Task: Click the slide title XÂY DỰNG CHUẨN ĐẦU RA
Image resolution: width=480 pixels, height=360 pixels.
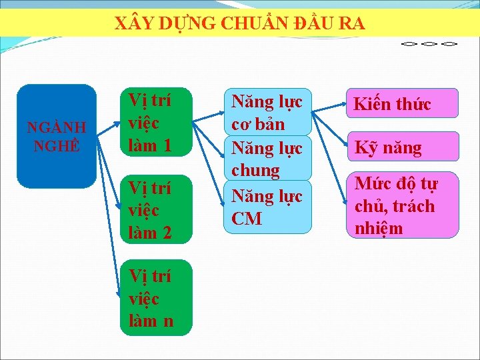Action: [x=240, y=24]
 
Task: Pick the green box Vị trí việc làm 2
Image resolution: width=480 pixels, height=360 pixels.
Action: [x=158, y=210]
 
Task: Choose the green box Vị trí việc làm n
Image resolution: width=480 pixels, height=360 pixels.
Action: [x=158, y=297]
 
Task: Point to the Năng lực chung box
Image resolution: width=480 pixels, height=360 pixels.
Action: [x=267, y=159]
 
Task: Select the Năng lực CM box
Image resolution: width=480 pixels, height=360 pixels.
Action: [x=267, y=207]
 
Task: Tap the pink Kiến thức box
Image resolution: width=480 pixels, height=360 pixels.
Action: [x=401, y=103]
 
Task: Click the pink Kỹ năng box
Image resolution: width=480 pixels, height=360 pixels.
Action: [x=401, y=147]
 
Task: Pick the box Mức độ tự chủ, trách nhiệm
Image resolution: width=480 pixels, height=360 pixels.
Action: [x=401, y=205]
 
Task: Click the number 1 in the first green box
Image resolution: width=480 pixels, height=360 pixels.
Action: [x=167, y=145]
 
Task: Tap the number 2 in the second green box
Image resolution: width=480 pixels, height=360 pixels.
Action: [x=167, y=233]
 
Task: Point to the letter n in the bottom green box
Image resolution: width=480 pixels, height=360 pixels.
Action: [x=168, y=321]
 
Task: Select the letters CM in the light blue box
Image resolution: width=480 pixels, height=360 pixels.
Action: [x=247, y=219]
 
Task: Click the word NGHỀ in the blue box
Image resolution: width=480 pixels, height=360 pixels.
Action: [x=56, y=145]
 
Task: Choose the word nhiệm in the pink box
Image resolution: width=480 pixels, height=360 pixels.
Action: [x=379, y=229]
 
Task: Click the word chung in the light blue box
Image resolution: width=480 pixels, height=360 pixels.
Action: [x=256, y=171]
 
